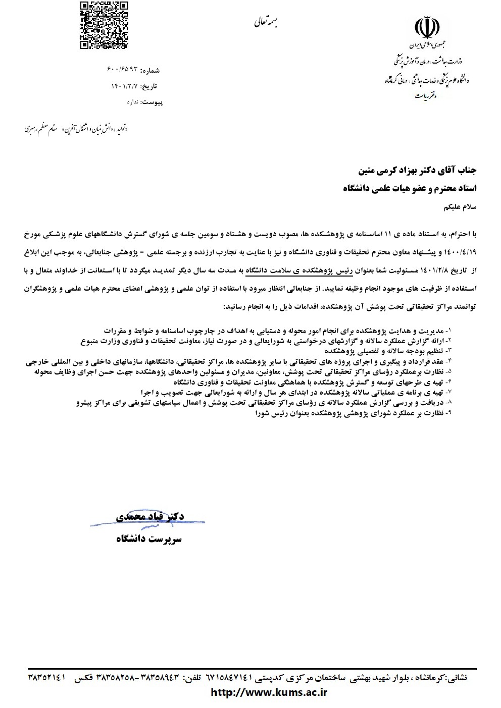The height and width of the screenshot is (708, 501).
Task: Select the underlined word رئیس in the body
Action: [343, 271]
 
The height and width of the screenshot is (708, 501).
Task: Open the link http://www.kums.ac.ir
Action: [269, 692]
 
